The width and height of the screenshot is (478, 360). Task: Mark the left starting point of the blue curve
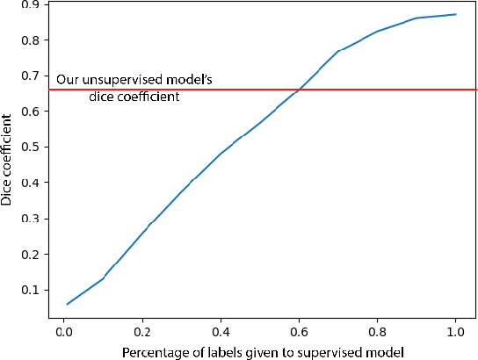67,304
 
